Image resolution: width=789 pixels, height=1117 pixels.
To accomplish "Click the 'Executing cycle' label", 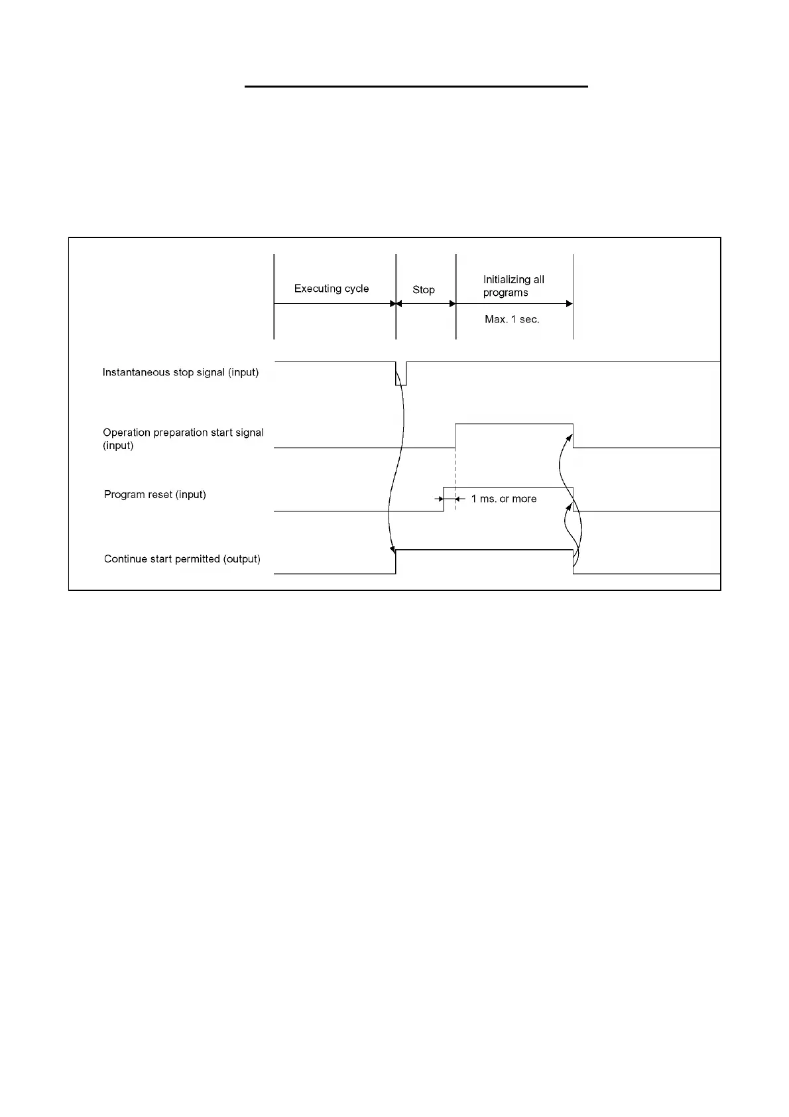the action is (x=332, y=289).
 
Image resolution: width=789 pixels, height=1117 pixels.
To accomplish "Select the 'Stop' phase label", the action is (x=424, y=290).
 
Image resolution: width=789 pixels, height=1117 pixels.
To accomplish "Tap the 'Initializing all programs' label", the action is (x=513, y=286).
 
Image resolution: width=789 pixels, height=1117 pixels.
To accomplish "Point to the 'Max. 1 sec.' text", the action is (x=512, y=319).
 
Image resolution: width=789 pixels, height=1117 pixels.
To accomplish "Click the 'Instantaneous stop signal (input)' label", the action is (x=180, y=372).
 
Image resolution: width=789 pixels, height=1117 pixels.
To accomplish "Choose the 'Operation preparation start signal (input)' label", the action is (x=183, y=438).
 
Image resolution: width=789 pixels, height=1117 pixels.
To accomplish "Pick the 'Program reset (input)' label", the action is (x=155, y=494).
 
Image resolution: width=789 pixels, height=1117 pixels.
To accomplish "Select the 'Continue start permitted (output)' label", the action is (x=182, y=558).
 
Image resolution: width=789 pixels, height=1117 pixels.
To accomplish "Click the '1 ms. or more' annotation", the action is (x=504, y=499).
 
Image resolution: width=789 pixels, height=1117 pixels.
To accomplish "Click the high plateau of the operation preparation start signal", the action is (x=514, y=423).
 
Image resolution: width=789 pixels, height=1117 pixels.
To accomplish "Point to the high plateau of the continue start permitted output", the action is (x=484, y=550).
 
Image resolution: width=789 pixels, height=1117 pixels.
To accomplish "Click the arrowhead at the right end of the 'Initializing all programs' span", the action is (x=569, y=304).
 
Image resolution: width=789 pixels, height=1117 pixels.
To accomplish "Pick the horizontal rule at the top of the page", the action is (x=416, y=86).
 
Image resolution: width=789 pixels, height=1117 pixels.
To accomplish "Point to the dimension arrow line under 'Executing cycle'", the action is (x=332, y=304).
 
